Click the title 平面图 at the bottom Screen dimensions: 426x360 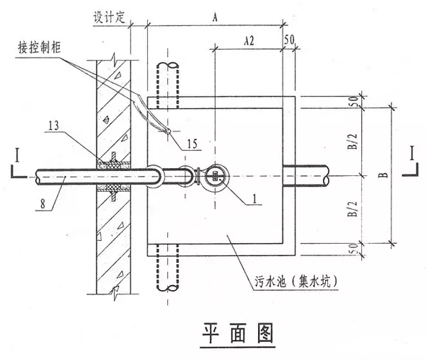(238, 333)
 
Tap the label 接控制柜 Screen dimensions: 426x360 (40, 48)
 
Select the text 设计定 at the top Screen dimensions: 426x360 (110, 17)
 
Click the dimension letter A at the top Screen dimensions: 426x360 (215, 17)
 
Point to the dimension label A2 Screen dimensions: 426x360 (249, 41)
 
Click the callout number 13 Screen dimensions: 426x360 (53, 126)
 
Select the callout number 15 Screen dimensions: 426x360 (192, 144)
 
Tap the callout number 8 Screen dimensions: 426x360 (43, 204)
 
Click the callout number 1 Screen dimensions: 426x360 (254, 199)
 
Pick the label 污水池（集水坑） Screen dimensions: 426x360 (296, 281)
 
